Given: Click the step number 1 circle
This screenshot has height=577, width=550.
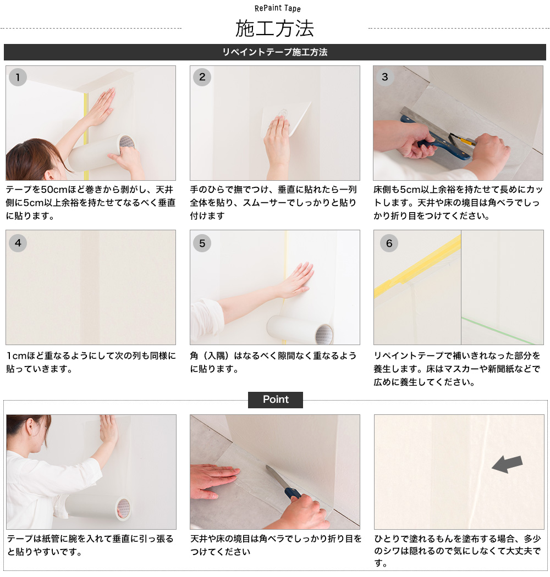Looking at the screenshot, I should coord(18,77).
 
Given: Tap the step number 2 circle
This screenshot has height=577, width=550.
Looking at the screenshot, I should coord(202,77).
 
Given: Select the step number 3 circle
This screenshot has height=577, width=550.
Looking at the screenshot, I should coord(385,77).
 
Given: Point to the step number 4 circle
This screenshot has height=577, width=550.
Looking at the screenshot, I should coord(18,243).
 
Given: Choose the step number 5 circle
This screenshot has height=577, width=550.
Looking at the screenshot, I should coord(202,243).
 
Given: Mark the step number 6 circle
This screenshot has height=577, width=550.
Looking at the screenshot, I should coord(389,243).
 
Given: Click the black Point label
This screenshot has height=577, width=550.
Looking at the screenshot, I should coord(276,400).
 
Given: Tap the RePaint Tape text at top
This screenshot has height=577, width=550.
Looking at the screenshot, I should coord(278,8).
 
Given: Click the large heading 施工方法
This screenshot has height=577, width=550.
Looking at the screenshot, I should coord(274,27).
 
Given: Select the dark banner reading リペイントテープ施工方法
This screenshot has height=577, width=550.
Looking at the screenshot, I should coord(274,52).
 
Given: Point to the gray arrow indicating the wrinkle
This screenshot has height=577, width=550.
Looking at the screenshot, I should coord(507,464).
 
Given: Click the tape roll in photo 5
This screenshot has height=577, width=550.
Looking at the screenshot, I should coord(300,330).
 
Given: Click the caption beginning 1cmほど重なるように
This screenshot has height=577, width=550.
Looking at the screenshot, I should coord(91,362).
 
